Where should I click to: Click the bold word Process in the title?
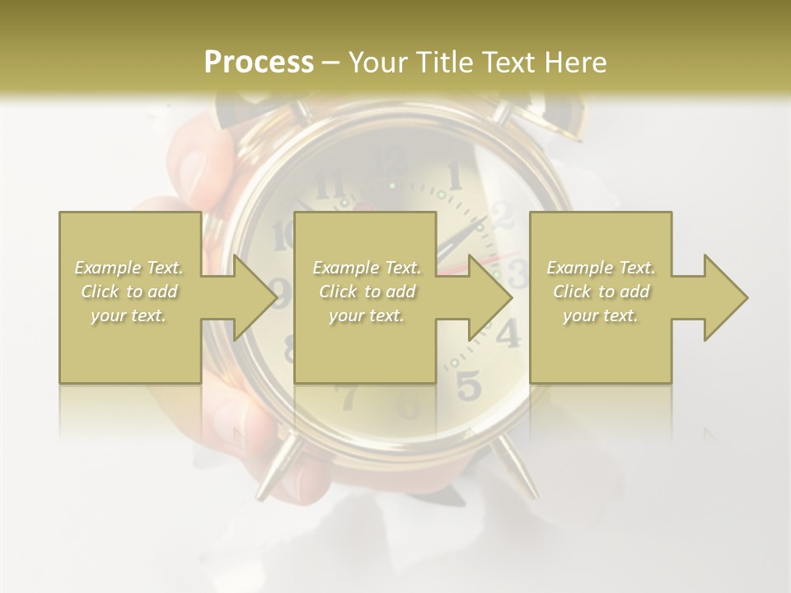pos(259,62)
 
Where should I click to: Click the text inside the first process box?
pos(129,292)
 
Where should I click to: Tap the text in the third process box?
pos(601,292)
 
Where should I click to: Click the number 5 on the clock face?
pos(467,384)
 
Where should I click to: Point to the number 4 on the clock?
pos(508,334)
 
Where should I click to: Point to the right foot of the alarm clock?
pos(518,469)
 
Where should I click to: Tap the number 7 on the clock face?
pos(347,396)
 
